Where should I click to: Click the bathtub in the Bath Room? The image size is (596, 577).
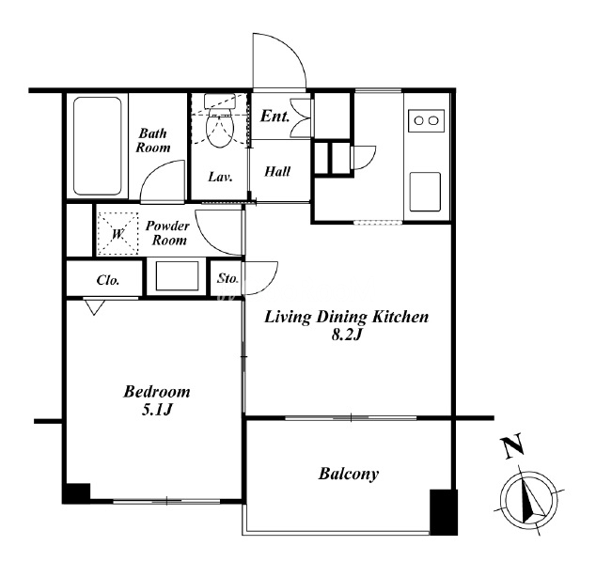98,147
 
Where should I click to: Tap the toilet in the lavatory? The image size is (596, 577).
218,121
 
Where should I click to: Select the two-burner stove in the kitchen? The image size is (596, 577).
426,121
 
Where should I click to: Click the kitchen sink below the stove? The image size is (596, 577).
425,192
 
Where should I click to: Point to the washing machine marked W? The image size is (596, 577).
118,234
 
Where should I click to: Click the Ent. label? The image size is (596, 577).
274,116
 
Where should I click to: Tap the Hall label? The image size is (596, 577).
277,172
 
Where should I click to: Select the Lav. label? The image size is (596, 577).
221,177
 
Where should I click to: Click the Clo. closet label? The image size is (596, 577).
108,280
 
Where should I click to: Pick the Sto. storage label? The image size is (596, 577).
227,278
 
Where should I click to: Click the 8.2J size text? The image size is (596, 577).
346,335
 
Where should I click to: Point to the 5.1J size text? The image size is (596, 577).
157,410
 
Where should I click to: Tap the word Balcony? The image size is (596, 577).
349,474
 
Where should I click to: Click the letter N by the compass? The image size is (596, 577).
512,446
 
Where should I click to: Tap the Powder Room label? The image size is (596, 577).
167,233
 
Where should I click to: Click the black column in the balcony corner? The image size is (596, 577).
444,512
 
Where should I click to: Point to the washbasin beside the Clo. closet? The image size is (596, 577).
177,275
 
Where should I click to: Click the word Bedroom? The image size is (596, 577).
157,392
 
